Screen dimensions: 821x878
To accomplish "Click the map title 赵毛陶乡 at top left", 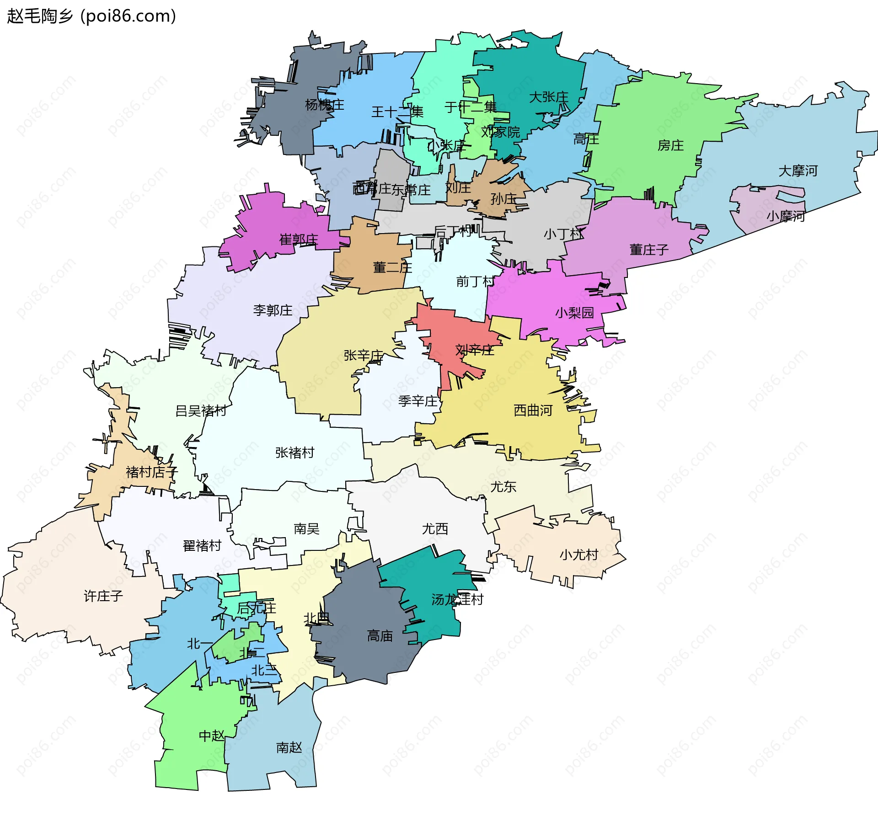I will (40, 16).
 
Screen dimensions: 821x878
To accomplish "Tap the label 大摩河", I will (798, 171).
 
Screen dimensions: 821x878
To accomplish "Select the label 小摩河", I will (785, 216).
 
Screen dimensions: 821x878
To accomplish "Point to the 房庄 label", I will (670, 145).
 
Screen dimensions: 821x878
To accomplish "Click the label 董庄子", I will (648, 250).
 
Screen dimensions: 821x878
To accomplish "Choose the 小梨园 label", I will (574, 313).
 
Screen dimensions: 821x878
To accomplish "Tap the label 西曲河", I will (533, 410).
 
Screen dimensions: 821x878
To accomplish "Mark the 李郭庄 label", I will (273, 310).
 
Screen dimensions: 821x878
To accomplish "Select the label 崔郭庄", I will (298, 239).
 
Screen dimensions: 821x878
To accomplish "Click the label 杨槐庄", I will (324, 105).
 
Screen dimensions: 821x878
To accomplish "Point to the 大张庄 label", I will (548, 97).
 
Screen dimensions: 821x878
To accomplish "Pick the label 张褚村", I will (294, 453).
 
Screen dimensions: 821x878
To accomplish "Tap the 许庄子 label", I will (103, 596).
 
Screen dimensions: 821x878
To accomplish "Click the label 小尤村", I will (578, 554).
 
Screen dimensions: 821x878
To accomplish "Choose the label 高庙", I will (380, 635).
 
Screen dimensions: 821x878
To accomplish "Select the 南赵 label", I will (289, 747).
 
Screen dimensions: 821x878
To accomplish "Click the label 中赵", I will (211, 736).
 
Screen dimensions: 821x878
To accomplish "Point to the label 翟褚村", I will (202, 545).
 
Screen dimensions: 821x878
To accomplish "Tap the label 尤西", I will (434, 529).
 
